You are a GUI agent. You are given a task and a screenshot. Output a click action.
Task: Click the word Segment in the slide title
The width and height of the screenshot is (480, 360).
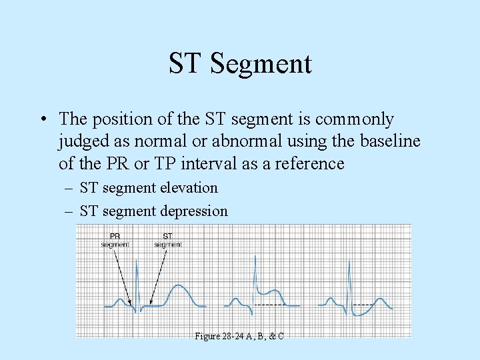tap(261, 63)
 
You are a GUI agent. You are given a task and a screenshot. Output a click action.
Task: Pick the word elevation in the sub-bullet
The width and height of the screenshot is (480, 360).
tap(189, 188)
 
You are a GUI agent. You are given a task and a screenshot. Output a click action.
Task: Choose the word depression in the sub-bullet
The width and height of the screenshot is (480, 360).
tap(193, 211)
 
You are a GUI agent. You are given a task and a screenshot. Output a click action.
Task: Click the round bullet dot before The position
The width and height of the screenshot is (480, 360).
tap(43, 120)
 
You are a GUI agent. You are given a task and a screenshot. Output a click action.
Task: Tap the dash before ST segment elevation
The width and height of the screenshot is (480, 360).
tap(69, 189)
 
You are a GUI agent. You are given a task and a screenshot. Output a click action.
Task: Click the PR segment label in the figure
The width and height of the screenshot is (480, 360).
tap(115, 239)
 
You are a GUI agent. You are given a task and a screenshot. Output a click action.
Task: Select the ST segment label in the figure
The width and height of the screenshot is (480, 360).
tap(167, 239)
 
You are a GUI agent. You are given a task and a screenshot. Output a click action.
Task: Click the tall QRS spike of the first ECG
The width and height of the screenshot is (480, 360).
tap(137, 280)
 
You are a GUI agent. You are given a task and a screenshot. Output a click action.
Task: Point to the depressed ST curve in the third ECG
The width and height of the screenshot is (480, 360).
tap(363, 310)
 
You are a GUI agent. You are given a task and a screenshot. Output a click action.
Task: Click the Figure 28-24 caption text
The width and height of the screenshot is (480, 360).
tap(239, 336)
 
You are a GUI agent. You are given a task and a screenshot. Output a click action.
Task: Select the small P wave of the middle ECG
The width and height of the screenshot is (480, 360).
tap(234, 301)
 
